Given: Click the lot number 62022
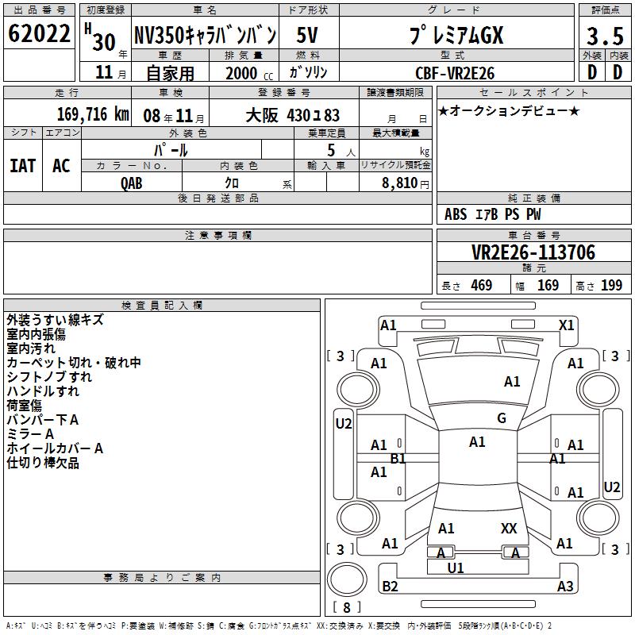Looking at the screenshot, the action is pos(39,33).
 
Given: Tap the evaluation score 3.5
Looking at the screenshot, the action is pos(605,36).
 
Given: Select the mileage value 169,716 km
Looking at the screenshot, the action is pos(93,114).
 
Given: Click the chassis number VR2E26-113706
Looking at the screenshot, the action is pos(533,252).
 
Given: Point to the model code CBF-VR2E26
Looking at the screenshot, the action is pos(455,73).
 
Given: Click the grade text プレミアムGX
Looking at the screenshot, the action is pos(456,35).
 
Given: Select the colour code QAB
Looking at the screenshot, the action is pos(131,183).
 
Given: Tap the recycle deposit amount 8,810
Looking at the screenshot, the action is pos(400,183).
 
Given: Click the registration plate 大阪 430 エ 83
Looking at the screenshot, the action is pos(292,115).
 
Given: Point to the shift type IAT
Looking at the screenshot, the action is pos(23,166).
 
